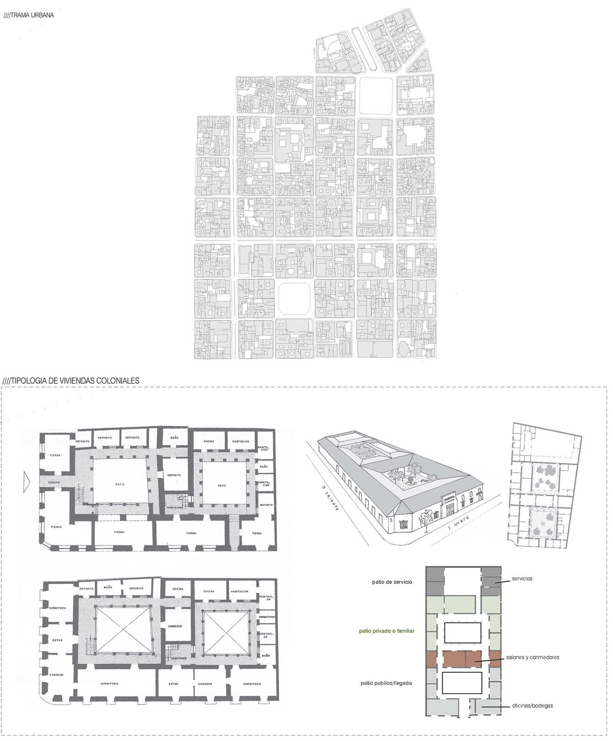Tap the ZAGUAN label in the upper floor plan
[54, 482]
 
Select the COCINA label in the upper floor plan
[209, 441]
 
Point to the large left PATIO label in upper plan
[120, 484]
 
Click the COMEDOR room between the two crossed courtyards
[175, 626]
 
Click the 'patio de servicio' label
[392, 582]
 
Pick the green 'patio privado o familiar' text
[387, 631]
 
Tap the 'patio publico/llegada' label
[386, 683]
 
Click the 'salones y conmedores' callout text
[532, 657]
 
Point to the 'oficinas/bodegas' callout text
[532, 705]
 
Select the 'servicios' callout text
[522, 579]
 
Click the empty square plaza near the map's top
[376, 95]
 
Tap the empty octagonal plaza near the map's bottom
[295, 299]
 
